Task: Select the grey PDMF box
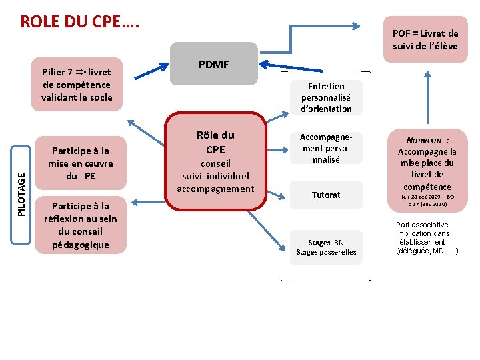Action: (213, 64)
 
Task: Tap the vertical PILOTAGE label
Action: (22, 193)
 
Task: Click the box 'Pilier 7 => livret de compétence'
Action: (77, 84)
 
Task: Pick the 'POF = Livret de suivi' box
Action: (425, 39)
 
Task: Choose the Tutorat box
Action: (327, 195)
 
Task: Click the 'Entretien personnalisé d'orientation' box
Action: (327, 97)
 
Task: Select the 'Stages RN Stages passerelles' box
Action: (327, 247)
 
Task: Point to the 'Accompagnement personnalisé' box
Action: (327, 148)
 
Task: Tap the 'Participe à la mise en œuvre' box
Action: (81, 163)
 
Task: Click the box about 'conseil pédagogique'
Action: (80, 225)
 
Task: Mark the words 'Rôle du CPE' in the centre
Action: (215, 142)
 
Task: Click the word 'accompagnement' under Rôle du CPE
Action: (215, 189)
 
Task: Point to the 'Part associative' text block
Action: (427, 238)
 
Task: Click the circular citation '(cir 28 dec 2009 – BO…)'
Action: (427, 201)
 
